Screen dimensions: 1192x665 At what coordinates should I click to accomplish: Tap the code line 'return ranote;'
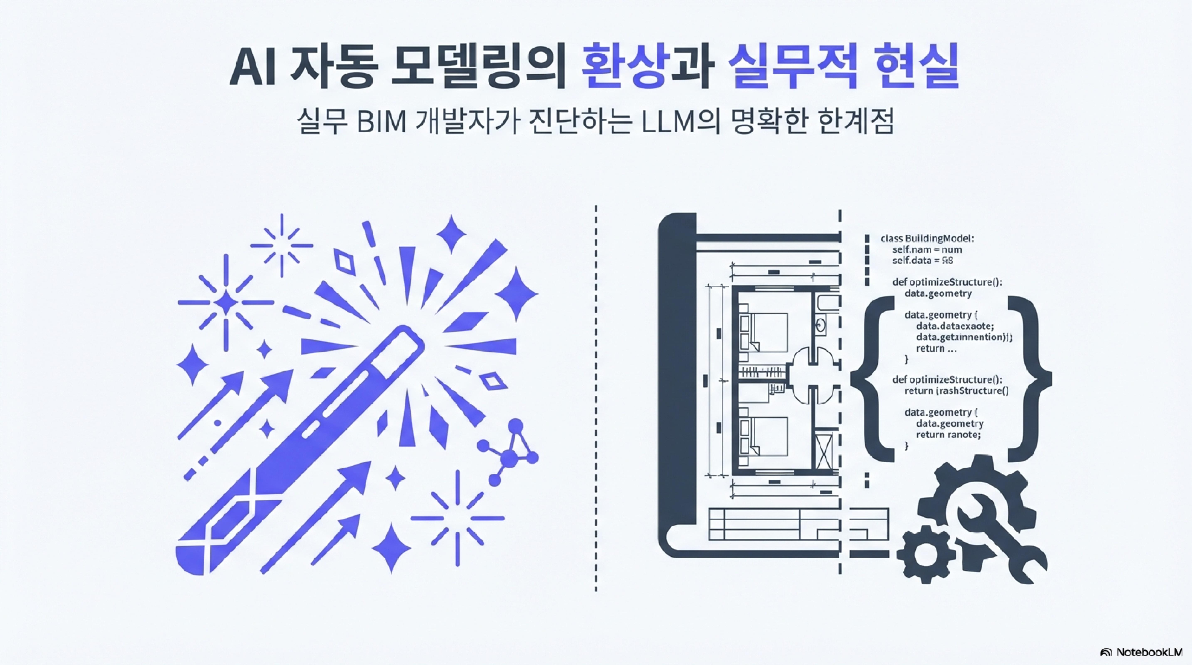tap(948, 435)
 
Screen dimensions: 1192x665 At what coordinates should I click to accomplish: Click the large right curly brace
tap(1030, 379)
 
